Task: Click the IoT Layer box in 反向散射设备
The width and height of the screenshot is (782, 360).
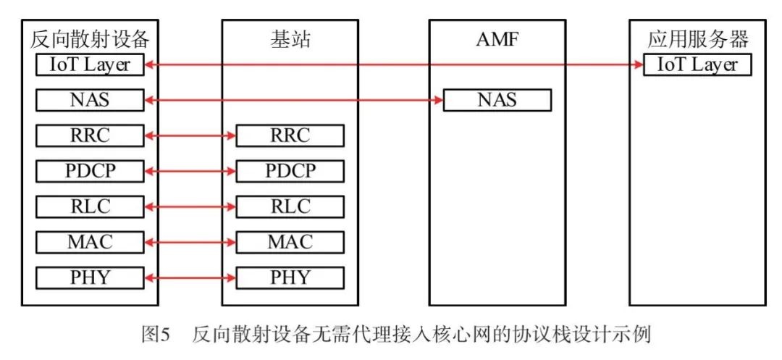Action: point(91,64)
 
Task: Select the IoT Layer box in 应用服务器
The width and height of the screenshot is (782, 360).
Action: point(697,64)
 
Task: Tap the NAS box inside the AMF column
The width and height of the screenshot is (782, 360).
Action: point(497,100)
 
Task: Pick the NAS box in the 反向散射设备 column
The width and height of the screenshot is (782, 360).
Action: point(91,100)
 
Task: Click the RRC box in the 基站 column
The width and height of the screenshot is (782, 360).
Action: point(290,135)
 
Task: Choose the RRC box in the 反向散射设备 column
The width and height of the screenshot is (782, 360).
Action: point(91,135)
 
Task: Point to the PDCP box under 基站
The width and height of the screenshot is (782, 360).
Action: point(290,171)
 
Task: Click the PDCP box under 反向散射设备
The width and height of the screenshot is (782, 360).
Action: point(91,171)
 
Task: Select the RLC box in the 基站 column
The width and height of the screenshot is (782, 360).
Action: point(290,206)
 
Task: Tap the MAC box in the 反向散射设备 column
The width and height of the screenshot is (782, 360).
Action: point(91,242)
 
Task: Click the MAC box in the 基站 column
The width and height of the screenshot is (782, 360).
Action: point(290,242)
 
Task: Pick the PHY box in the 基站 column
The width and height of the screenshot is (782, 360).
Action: point(290,277)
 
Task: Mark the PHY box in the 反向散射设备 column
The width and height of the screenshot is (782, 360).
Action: point(91,277)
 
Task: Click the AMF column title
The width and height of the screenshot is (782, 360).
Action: point(497,38)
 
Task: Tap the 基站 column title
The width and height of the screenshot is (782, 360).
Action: point(289,38)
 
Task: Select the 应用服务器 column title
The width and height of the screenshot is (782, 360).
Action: point(697,38)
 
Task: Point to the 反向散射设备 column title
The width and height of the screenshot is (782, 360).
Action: point(91,38)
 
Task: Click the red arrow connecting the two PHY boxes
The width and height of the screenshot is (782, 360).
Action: point(190,277)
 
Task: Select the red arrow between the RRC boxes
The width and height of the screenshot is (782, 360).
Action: point(190,135)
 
